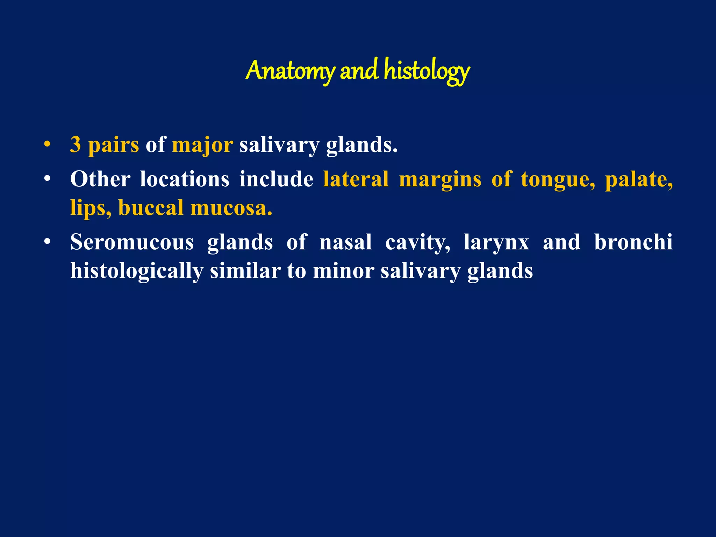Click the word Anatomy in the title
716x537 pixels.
(290, 71)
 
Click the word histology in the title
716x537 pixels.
(427, 71)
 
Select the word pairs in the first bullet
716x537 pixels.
(113, 145)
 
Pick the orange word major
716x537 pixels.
(202, 145)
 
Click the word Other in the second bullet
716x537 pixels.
(100, 179)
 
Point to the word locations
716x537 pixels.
(185, 179)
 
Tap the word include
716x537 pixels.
(276, 179)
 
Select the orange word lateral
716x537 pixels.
(356, 179)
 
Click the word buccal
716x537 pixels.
(151, 208)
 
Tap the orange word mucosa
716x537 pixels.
(231, 208)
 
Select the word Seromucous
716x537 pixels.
(132, 242)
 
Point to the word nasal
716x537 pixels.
(345, 242)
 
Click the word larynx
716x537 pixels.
(496, 243)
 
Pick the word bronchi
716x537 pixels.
(633, 242)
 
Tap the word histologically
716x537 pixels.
(137, 271)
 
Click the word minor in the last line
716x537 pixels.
(343, 271)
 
